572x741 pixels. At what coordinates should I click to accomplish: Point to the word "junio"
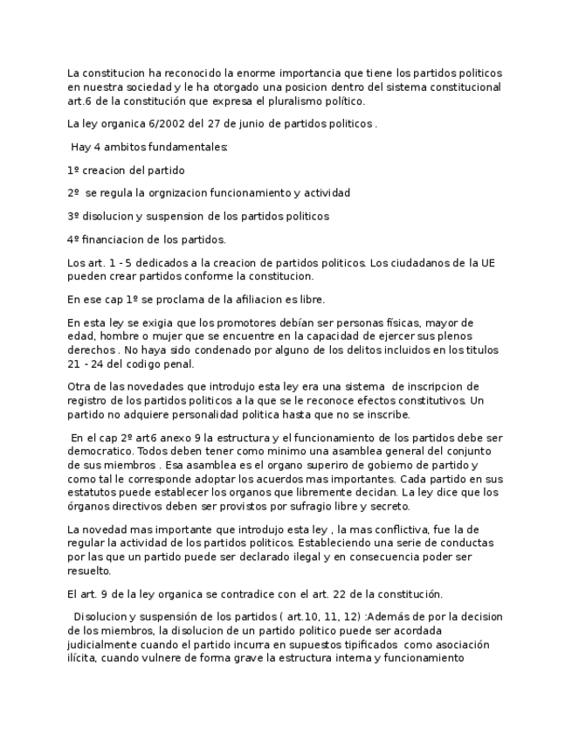pyautogui.click(x=245, y=124)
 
